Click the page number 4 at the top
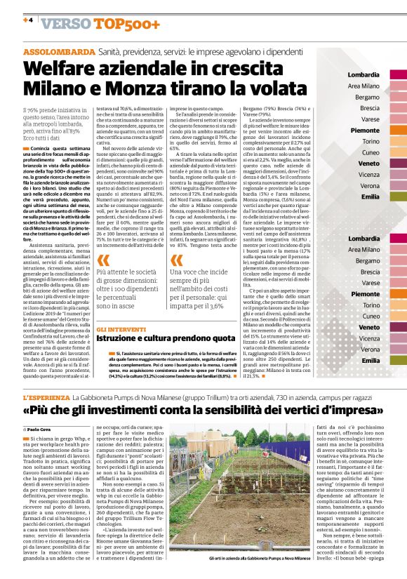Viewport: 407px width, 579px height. click(30, 20)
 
